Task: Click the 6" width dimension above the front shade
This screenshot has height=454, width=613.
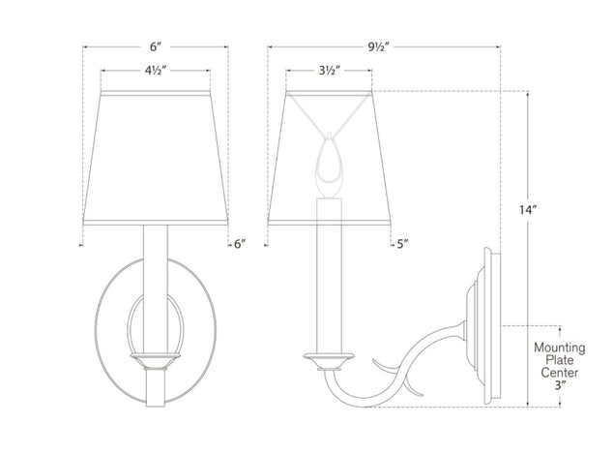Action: click(155, 45)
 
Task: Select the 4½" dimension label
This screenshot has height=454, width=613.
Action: click(155, 70)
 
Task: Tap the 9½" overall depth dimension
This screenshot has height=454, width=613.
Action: click(385, 45)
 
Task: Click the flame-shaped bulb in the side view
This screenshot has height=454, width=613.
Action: click(328, 160)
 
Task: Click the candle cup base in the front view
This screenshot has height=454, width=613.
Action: click(155, 359)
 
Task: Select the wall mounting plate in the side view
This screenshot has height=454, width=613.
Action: click(489, 324)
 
